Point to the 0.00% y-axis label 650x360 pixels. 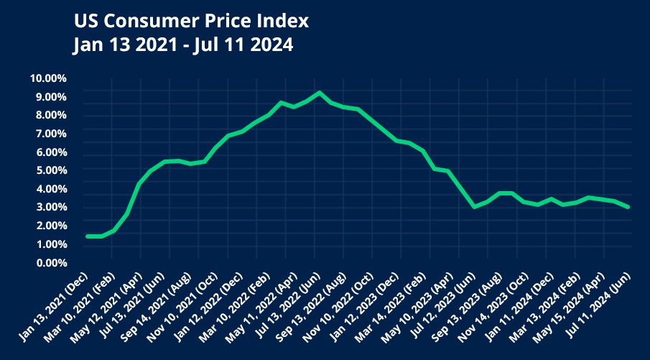coord(51,263)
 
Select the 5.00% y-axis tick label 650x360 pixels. coord(51,170)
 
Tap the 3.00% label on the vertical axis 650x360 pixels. coord(51,208)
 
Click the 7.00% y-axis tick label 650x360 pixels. coord(51,134)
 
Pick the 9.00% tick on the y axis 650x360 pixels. coord(51,97)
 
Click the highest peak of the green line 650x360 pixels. coord(320,93)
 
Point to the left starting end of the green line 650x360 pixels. coord(88,236)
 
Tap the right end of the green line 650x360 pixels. coord(629,207)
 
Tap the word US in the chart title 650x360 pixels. coord(85,21)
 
